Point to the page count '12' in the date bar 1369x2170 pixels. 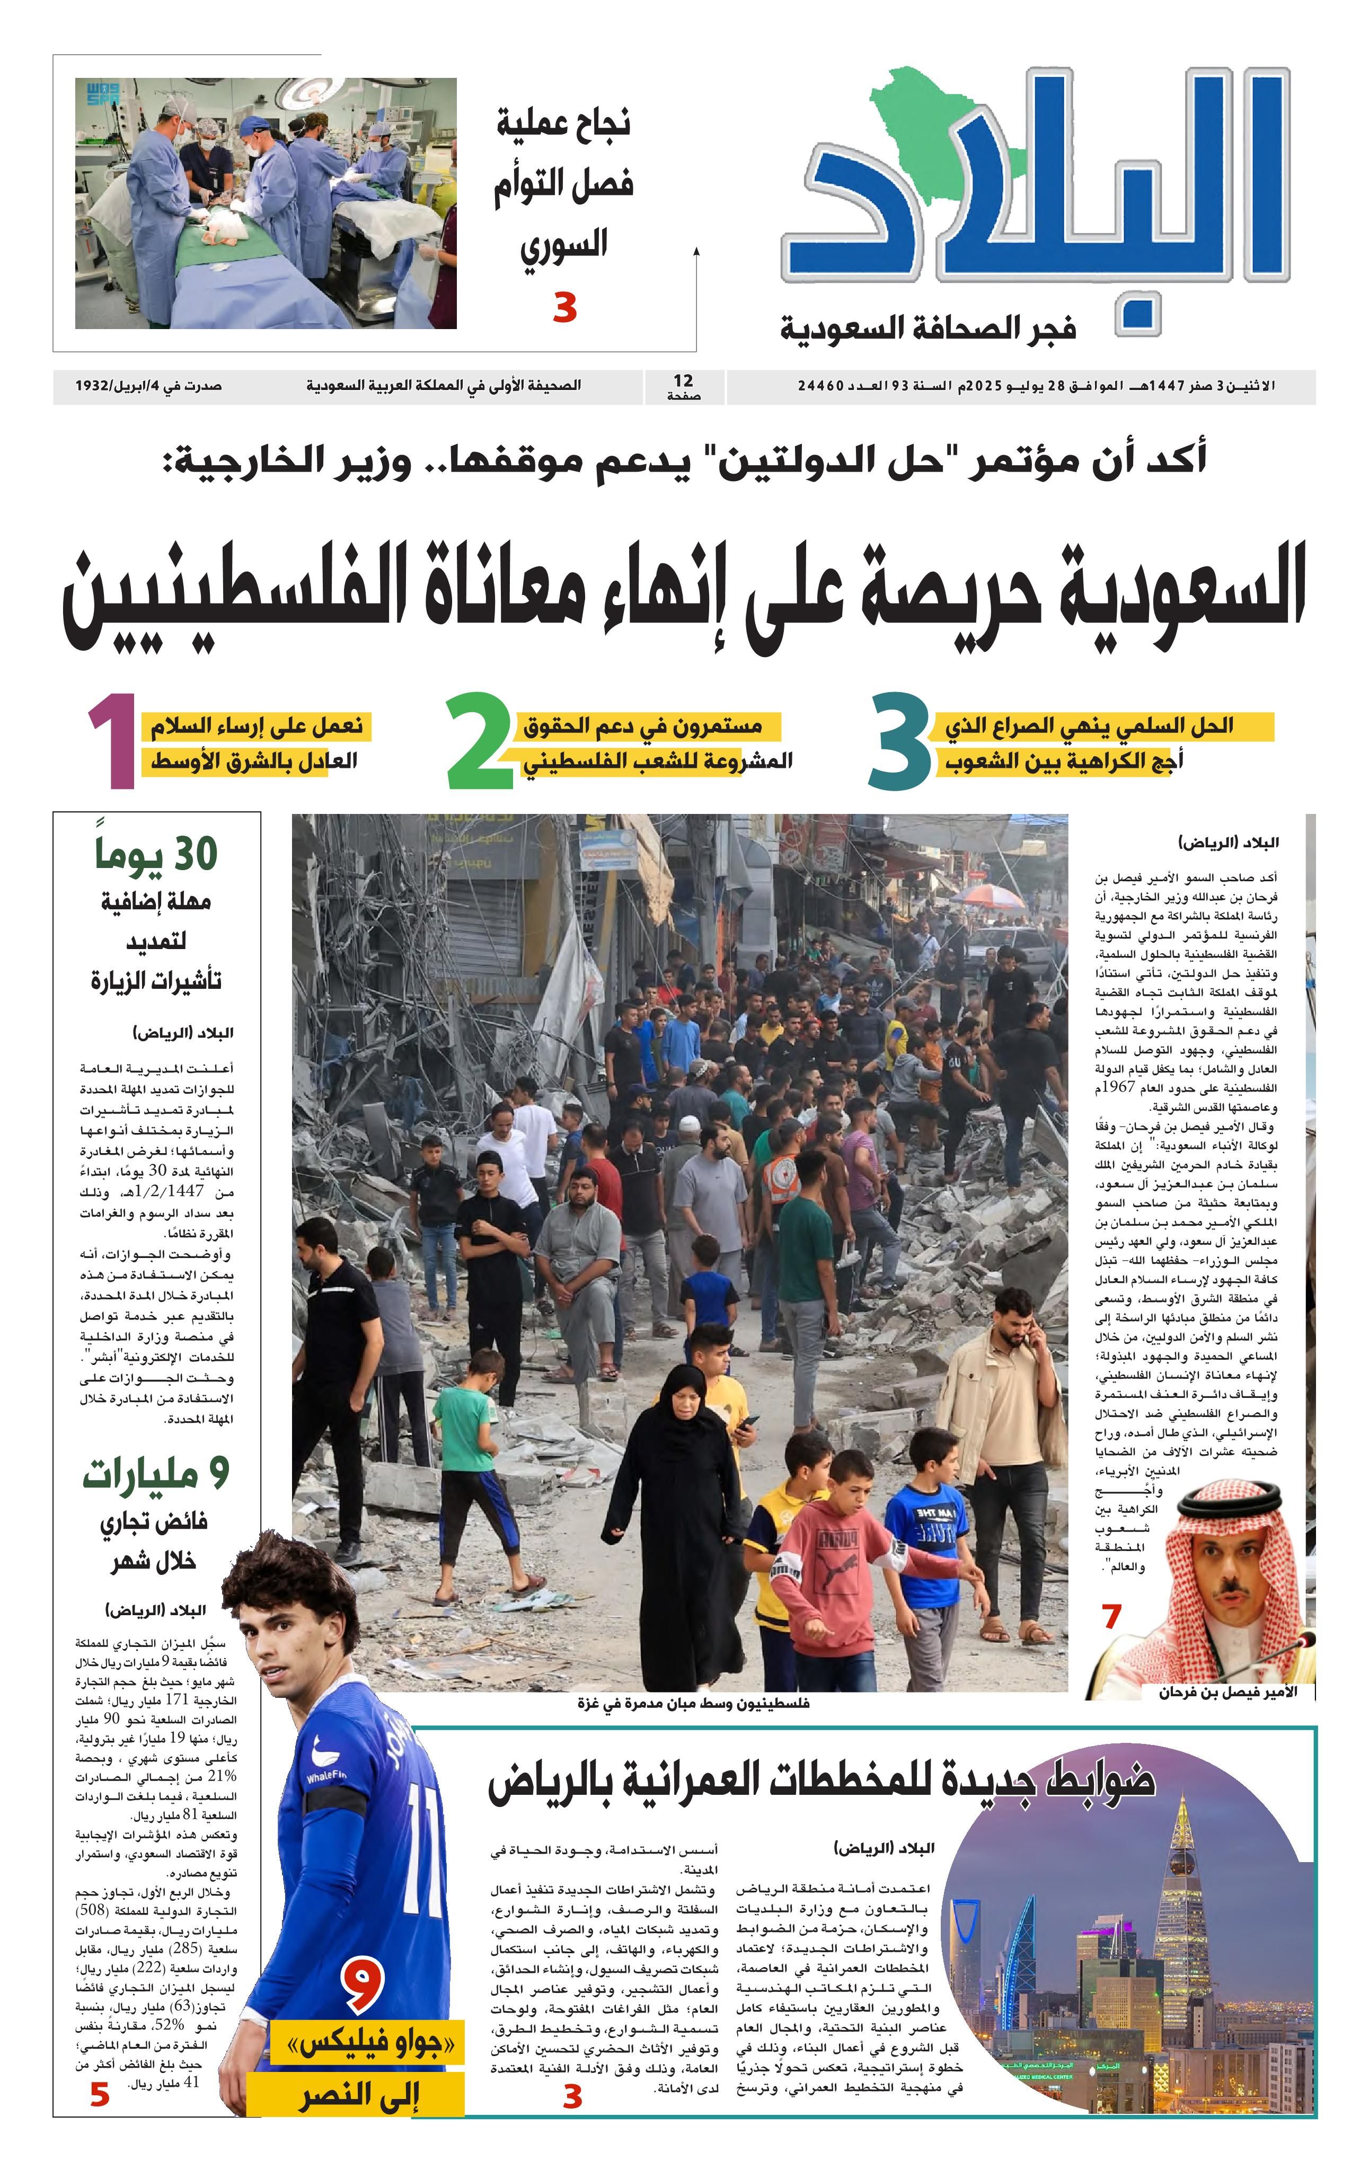[683, 381]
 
